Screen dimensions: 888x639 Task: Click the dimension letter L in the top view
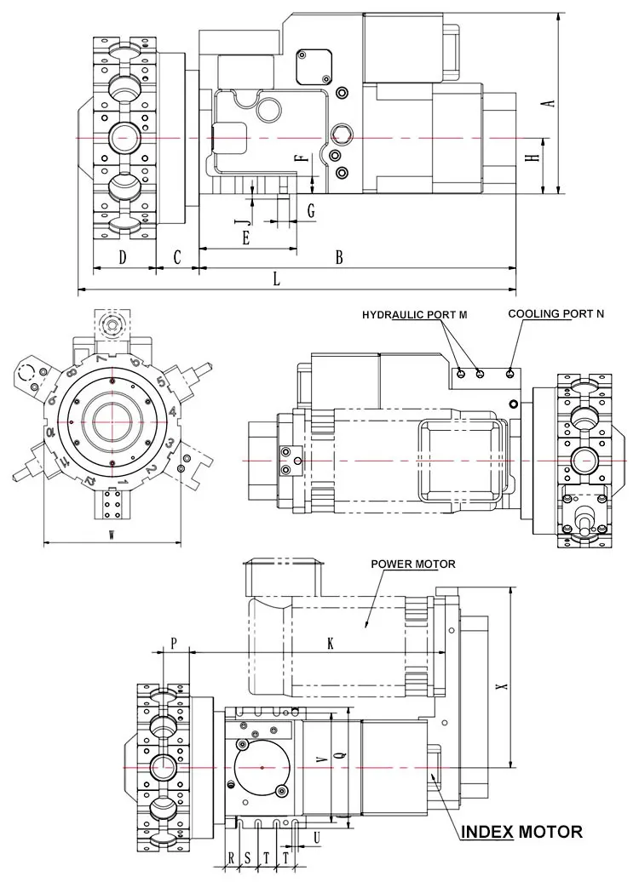[277, 278]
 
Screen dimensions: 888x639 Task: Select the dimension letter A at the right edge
[550, 102]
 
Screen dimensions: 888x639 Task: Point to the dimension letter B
[338, 257]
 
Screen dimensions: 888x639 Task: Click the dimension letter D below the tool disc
[123, 257]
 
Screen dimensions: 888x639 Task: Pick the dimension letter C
[178, 257]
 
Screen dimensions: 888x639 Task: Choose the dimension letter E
[245, 238]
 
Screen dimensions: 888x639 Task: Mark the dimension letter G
[311, 209]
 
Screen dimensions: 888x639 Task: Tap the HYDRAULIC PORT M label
[414, 314]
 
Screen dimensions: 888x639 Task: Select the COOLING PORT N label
[556, 313]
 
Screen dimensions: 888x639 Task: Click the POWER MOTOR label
[413, 564]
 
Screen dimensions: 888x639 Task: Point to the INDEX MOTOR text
[521, 832]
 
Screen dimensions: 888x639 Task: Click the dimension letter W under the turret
[112, 534]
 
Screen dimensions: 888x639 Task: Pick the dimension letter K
[331, 644]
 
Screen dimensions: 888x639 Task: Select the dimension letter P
[173, 644]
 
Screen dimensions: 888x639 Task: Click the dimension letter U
[317, 837]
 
